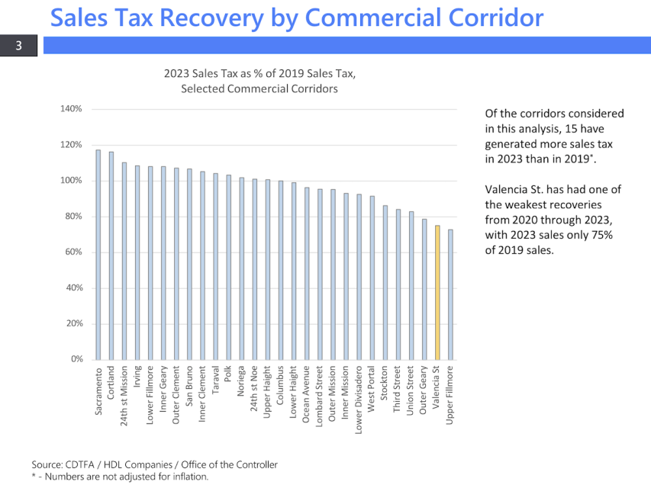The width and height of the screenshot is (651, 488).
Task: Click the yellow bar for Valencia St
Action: click(x=437, y=292)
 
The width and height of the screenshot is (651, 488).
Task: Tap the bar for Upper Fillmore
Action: click(x=450, y=294)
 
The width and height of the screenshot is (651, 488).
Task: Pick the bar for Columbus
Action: click(x=281, y=270)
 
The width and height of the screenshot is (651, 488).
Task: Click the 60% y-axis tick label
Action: click(x=73, y=252)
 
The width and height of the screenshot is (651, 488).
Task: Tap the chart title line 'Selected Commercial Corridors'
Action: click(x=259, y=88)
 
